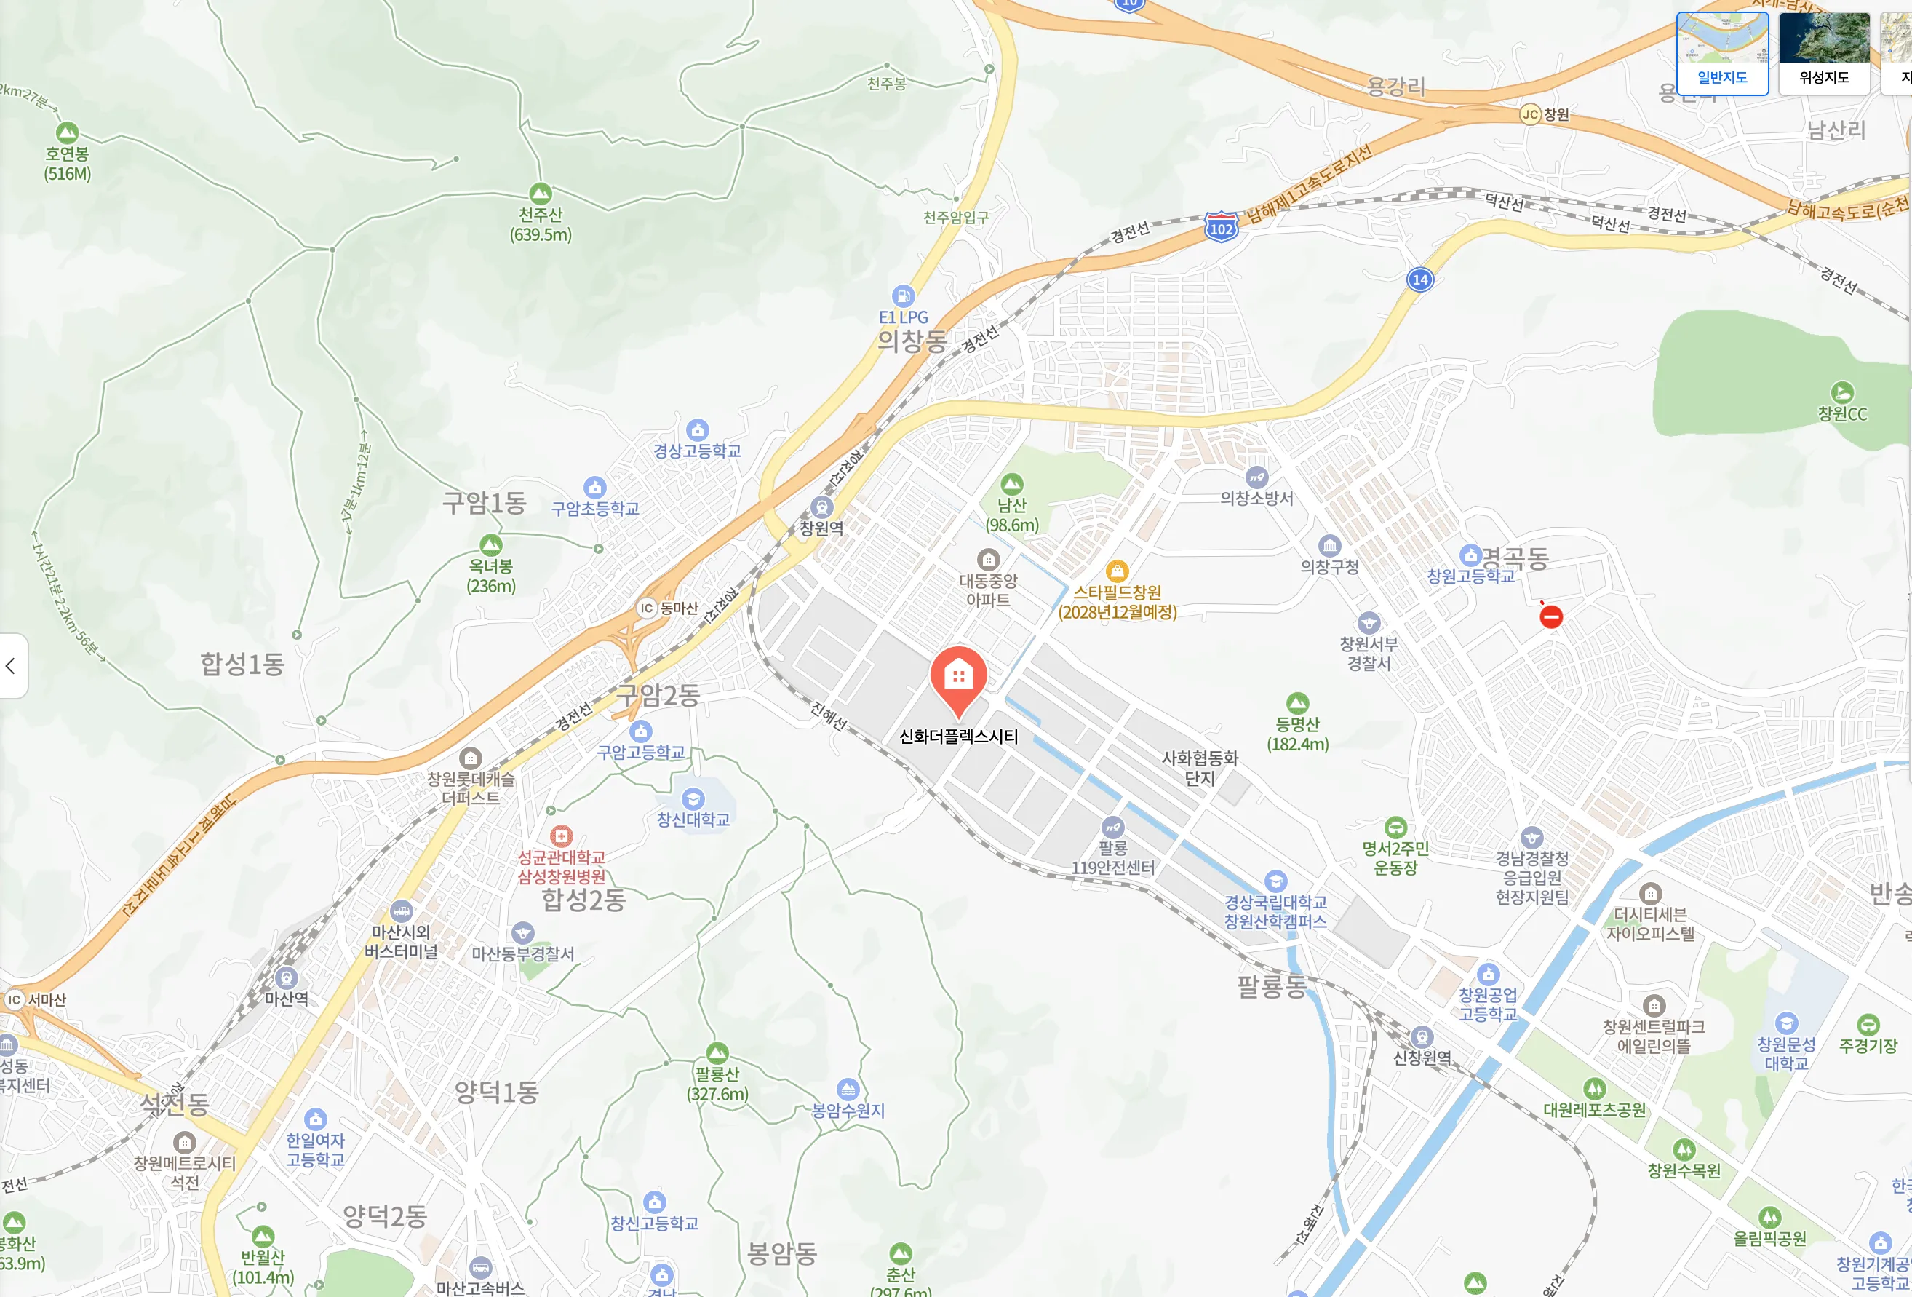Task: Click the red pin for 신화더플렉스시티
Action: point(958,678)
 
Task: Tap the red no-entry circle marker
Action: point(1551,616)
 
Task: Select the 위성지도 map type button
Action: point(1824,52)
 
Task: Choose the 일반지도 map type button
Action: point(1722,52)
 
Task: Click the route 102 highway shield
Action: point(1221,227)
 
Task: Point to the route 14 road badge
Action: point(1420,279)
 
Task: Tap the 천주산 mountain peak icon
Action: point(541,194)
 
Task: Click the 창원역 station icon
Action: point(821,507)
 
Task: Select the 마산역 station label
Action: point(287,999)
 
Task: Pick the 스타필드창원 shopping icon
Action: point(1117,571)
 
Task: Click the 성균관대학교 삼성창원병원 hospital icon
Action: point(561,836)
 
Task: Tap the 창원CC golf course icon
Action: point(1842,392)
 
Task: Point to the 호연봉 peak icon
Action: point(68,132)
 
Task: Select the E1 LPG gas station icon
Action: point(902,296)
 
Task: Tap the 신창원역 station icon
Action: point(1422,1037)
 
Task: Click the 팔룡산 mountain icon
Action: point(717,1052)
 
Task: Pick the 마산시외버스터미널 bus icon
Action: point(401,911)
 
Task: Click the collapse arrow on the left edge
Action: point(11,666)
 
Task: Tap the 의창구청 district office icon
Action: point(1329,545)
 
